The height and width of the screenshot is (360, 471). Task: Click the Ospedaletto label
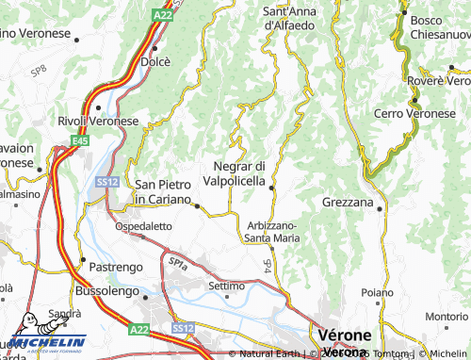(143, 226)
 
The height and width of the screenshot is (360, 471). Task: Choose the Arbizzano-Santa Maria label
(272, 232)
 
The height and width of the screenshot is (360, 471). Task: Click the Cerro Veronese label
(415, 113)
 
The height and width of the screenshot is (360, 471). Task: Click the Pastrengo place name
(116, 268)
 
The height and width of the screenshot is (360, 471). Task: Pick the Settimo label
(226, 285)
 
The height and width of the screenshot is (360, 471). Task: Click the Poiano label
(377, 292)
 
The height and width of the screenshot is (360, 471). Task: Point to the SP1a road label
(177, 258)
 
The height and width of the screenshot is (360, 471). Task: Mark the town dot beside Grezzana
(382, 208)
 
